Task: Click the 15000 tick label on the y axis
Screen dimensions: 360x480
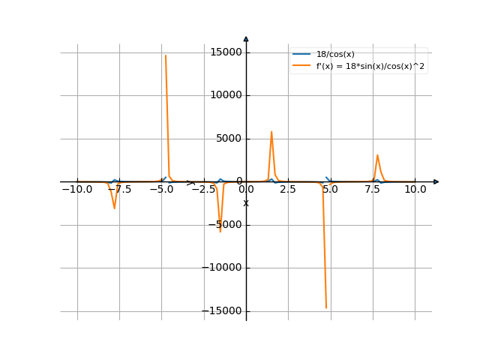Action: [226, 52]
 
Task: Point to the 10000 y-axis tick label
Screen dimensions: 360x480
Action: [226, 95]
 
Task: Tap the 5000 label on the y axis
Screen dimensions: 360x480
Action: [229, 139]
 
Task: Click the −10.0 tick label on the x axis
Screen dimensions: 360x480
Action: [76, 190]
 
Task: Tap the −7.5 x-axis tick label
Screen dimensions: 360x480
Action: [119, 190]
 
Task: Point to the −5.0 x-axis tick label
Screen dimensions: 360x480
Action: [161, 190]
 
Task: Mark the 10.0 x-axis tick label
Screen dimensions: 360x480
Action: [415, 190]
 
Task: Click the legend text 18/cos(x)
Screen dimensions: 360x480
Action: [335, 54]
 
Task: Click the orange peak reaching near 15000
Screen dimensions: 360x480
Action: [165, 57]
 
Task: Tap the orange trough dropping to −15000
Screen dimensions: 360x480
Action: [326, 306]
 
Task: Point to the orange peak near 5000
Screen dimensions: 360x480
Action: [271, 133]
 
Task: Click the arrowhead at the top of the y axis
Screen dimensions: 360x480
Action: [246, 39]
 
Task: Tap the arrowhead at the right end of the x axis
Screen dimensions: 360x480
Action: [436, 181]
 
